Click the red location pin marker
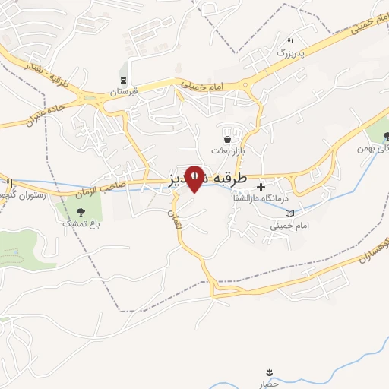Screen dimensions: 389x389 (194, 178)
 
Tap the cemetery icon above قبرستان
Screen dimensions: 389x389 (123, 80)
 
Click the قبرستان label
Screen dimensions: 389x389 (123, 91)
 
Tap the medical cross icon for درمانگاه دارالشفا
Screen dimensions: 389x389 (261, 186)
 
